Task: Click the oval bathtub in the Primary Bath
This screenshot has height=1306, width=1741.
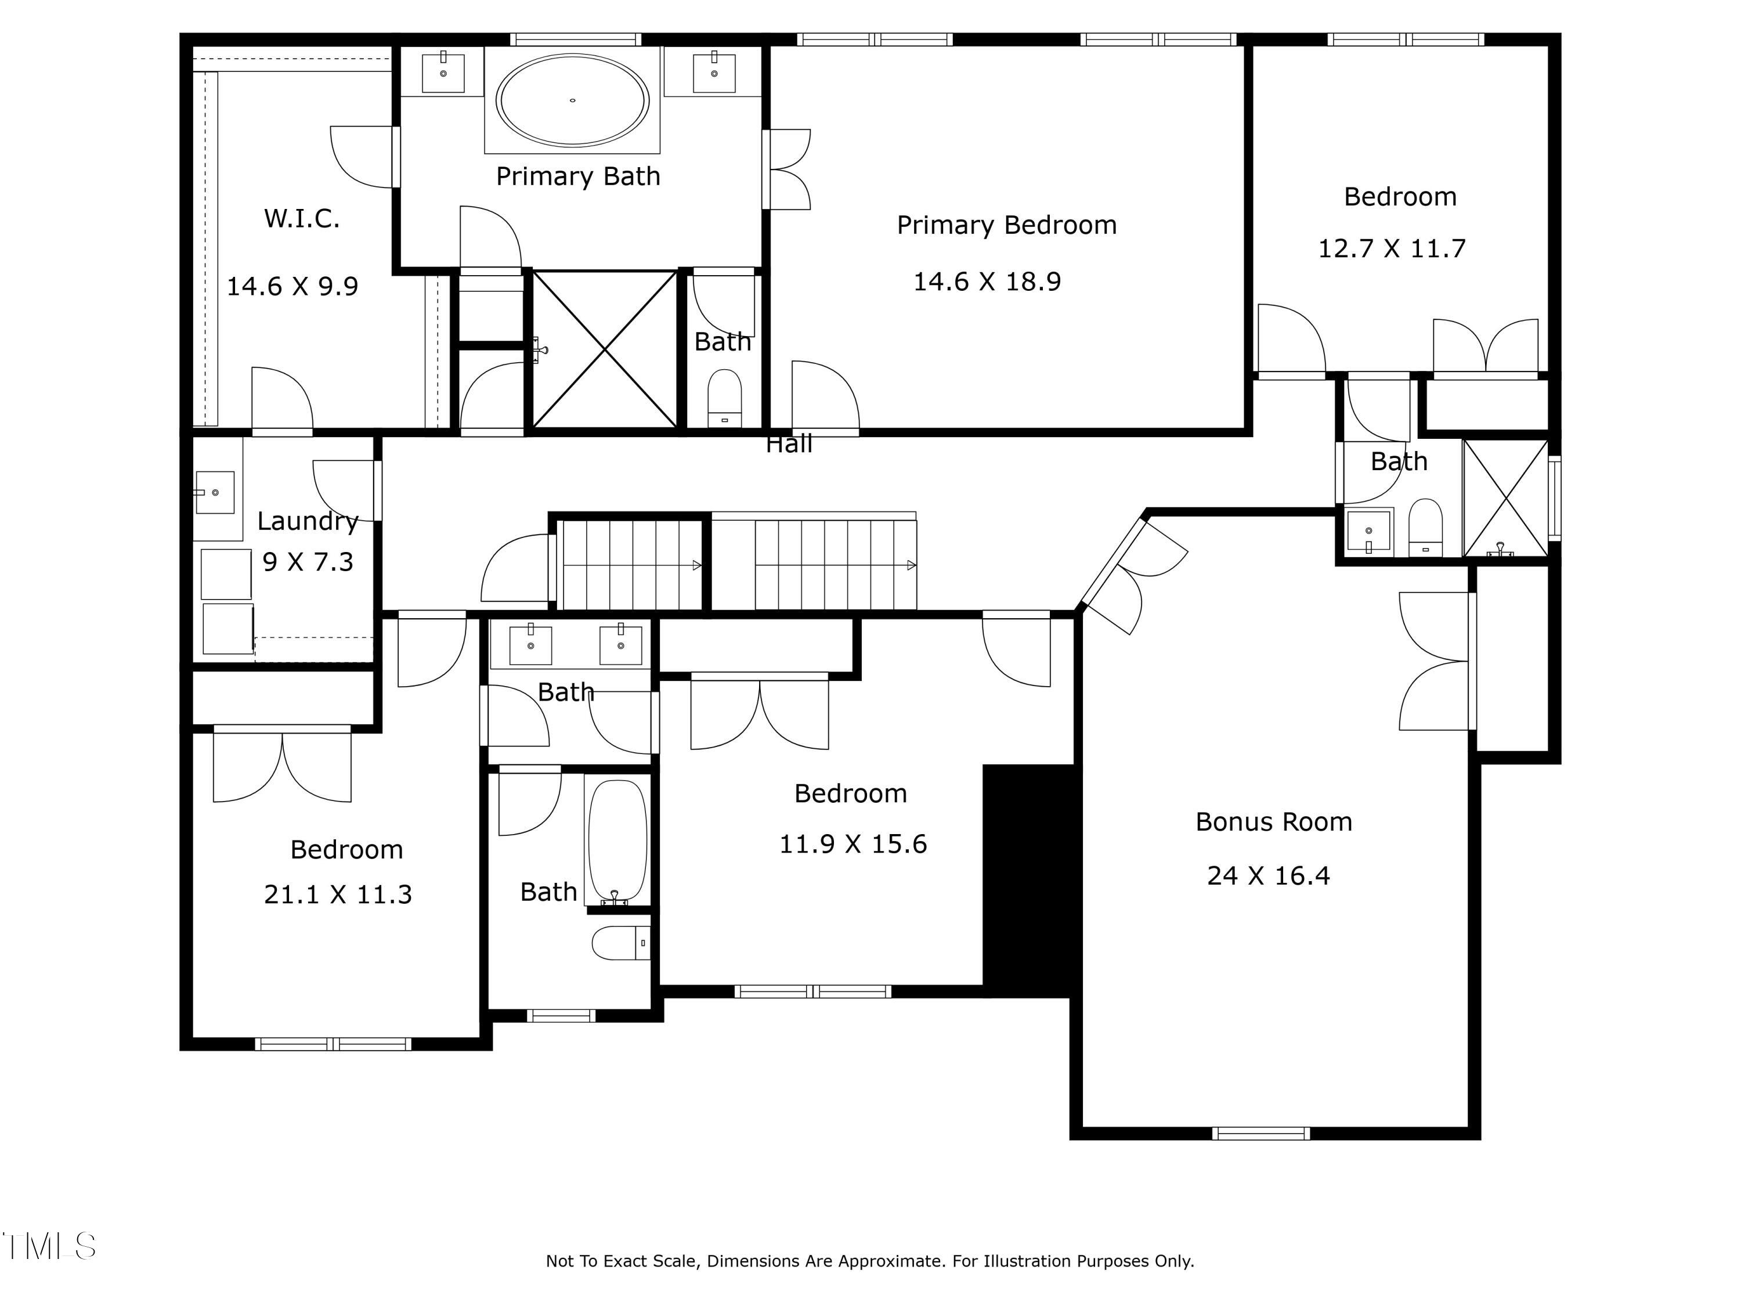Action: point(572,100)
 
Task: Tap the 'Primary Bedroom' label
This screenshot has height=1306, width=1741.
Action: point(1007,225)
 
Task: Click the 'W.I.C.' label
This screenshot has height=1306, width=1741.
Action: point(302,218)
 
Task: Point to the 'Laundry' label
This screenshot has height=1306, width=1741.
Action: point(308,521)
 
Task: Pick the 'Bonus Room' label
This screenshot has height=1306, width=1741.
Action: point(1273,822)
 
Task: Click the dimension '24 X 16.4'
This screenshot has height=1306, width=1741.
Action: point(1268,875)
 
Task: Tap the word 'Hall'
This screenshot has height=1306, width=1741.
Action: point(789,444)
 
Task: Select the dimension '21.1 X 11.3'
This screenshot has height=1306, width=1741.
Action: point(338,894)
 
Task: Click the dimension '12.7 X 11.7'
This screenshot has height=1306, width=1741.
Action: point(1392,249)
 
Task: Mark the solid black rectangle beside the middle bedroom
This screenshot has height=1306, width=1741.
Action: point(1029,880)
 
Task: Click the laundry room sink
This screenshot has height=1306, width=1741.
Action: point(214,493)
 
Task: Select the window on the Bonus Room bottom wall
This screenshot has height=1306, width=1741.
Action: point(1261,1134)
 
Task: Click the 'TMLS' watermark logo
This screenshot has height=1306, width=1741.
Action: point(49,1246)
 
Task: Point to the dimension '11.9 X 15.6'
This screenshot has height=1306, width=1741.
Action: point(853,844)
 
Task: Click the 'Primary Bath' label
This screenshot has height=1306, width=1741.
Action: point(577,176)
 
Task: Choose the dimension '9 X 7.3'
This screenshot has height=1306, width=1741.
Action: point(308,562)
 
